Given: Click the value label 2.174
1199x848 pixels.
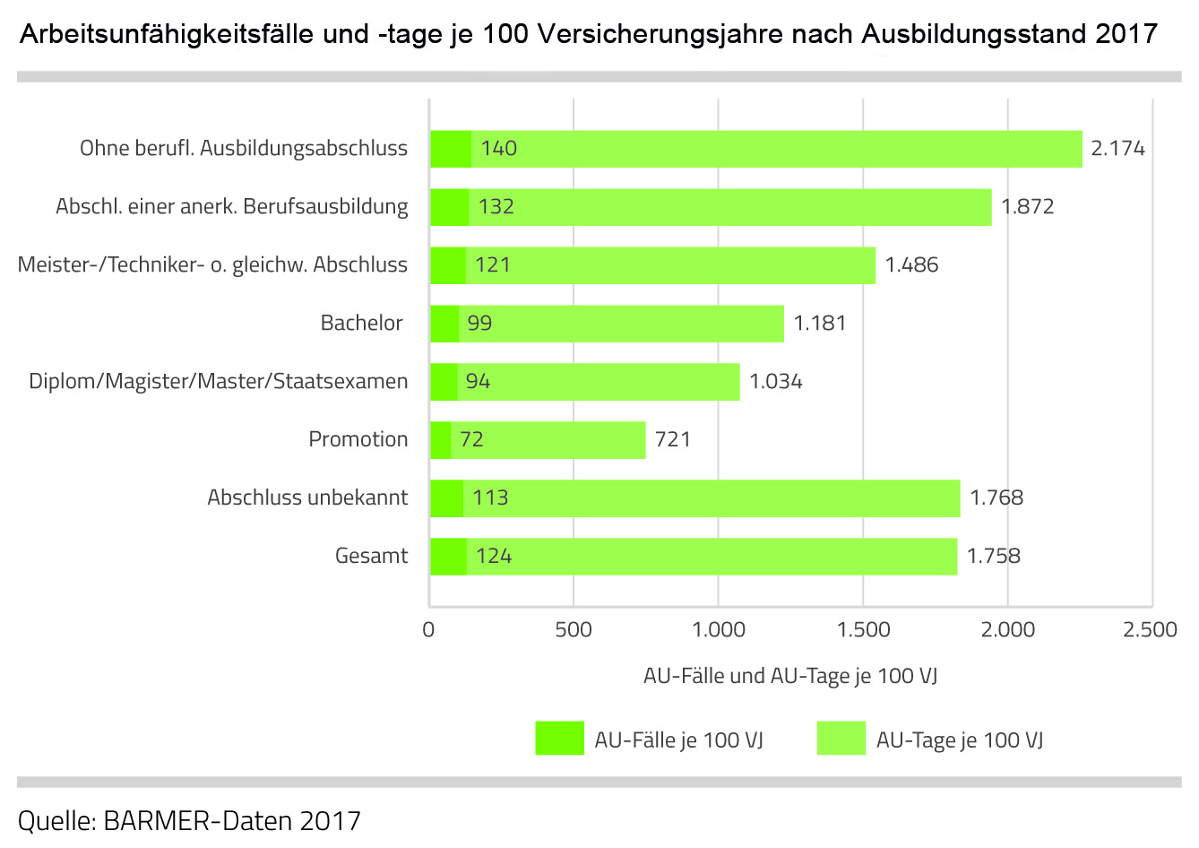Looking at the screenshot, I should point(1117,149).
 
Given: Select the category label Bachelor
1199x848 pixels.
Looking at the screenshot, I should point(361,323).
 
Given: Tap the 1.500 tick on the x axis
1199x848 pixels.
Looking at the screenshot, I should point(863,629).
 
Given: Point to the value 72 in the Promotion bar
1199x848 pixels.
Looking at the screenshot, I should point(471,439).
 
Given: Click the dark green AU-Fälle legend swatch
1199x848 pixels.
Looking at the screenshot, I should point(559,738).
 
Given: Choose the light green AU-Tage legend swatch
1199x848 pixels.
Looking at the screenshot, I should point(841,738).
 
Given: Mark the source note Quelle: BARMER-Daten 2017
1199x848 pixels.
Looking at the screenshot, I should point(189,820).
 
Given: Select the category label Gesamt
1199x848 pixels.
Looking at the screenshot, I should point(371,556).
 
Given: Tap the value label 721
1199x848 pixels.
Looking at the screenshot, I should point(672,439).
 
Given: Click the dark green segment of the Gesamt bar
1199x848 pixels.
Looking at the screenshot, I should point(448,556).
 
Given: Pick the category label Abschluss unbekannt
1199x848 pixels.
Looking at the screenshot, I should point(307,498).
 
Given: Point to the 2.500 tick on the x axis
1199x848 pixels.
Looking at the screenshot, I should point(1150,629).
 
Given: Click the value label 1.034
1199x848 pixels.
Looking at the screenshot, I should point(775,381).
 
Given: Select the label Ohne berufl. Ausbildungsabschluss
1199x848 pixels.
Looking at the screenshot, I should point(243,148).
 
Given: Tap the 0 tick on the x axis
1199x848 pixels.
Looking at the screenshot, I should point(428,629).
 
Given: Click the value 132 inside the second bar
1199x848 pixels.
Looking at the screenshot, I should point(496,207).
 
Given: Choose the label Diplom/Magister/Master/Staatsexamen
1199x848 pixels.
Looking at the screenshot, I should point(218,381).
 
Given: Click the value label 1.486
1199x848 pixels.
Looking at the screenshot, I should point(911,264).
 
